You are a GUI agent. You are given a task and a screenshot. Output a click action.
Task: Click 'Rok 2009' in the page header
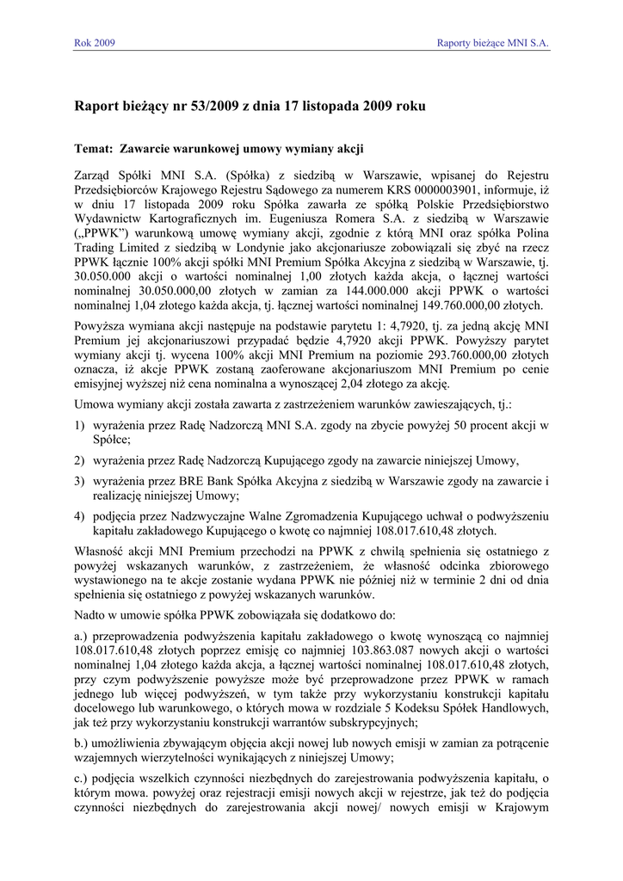(x=95, y=42)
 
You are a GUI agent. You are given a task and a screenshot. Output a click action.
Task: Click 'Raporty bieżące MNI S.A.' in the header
(x=492, y=42)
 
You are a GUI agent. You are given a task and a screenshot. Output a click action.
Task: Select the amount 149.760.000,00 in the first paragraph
(x=474, y=305)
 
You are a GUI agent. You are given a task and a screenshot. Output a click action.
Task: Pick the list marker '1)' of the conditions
(x=80, y=425)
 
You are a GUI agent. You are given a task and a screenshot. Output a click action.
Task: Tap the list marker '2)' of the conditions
(x=80, y=460)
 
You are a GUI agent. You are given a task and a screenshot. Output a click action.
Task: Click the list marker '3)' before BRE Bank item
(x=80, y=481)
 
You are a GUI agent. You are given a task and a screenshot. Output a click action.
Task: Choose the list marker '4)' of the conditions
(x=80, y=516)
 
